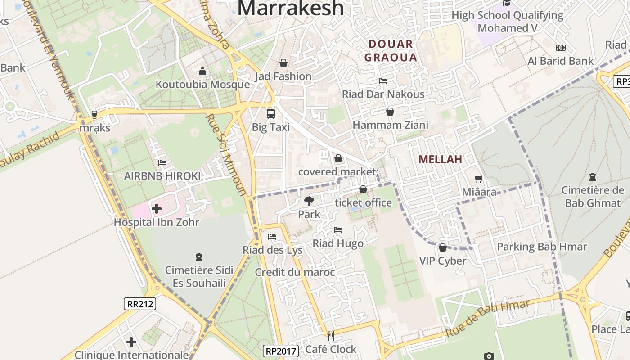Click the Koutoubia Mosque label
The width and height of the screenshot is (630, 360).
202,85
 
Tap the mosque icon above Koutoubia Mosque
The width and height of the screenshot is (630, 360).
202,72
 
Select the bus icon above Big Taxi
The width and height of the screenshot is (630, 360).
271,114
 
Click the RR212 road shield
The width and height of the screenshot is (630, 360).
140,304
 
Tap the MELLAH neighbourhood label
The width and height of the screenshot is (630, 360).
440,159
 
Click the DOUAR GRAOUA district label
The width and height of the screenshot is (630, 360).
391,51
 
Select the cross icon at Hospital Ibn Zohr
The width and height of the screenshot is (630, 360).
157,209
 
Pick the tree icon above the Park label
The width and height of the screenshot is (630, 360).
309,201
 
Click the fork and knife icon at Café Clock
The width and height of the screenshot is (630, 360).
331,336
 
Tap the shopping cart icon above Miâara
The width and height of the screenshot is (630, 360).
479,179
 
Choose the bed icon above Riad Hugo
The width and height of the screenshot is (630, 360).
338,230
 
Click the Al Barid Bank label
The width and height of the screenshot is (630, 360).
560,61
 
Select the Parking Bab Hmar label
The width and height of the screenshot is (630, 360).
542,247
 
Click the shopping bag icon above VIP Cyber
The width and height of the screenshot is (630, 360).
443,247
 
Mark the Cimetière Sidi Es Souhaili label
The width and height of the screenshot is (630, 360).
199,276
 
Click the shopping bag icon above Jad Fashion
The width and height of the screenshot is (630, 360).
283,63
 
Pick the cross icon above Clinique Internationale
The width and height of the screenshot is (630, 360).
131,342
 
